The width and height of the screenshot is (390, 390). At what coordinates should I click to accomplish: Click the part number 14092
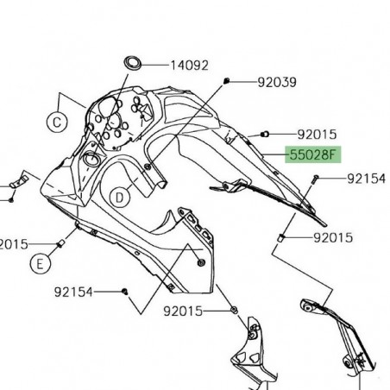coord(189,65)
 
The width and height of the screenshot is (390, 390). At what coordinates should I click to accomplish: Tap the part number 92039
coord(277,83)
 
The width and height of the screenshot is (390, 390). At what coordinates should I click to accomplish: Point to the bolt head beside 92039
coord(226,81)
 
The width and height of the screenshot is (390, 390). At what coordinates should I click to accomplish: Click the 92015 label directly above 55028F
coord(317,135)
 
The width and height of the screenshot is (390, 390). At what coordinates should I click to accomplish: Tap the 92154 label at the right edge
coord(368,179)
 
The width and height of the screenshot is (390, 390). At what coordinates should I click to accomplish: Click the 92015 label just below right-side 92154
coord(332,236)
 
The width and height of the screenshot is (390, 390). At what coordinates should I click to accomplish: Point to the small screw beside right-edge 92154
coord(317,179)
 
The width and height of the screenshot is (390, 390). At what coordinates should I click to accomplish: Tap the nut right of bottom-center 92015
coord(234,308)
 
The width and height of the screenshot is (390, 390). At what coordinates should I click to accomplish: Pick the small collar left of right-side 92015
coord(281,236)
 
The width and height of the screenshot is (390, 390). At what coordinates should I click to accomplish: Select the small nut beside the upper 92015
coord(266,134)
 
